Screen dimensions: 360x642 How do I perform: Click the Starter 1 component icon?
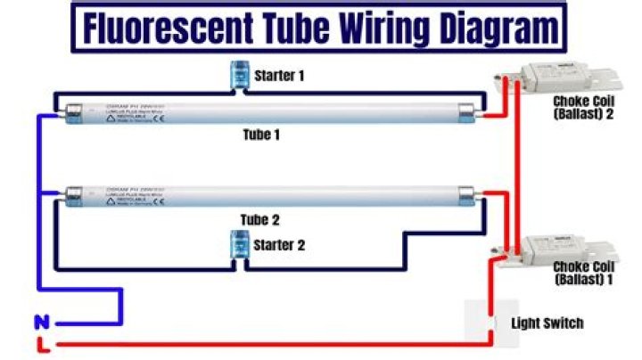point(239,75)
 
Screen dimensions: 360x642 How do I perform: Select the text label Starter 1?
point(279,76)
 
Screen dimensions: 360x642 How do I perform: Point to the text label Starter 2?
point(280,245)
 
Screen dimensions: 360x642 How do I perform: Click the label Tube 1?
point(261,135)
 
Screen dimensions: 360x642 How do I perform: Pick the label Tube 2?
point(261,219)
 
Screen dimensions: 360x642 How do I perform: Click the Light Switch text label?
point(547,323)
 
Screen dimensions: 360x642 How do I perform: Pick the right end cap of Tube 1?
point(466,111)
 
